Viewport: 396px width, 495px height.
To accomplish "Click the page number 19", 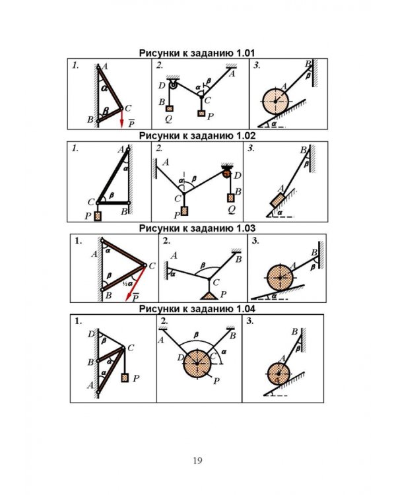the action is coord(197,461).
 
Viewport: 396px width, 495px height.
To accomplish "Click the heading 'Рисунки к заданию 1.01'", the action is coord(197,53).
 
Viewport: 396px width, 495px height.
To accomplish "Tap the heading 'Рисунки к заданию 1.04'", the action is coord(197,309).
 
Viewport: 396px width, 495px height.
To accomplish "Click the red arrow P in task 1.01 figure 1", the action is coord(121,118).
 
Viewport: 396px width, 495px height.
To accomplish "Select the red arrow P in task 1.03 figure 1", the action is coord(136,283).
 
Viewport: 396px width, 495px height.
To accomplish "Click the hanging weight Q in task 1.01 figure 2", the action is coord(170,109).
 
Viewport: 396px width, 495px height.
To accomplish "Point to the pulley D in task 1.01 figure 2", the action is coord(174,84).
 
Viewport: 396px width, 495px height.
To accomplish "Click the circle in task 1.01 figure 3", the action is coord(275,101).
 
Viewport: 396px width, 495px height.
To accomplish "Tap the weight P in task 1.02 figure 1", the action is coord(98,216).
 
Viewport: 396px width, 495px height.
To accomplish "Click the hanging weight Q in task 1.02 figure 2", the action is coord(231,198).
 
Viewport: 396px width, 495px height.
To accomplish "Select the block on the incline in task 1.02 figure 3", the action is coord(278,201).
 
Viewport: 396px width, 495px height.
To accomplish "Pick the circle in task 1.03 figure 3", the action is coord(280,278).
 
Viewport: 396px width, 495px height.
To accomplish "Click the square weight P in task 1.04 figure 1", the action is coord(125,378).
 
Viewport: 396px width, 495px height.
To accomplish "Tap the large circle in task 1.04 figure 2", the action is coord(197,364).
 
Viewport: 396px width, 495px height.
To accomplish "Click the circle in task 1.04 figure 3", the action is coord(279,374).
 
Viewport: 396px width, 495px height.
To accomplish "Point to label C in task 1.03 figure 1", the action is coord(152,266).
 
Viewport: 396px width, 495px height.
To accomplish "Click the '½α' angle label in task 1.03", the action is coord(127,284).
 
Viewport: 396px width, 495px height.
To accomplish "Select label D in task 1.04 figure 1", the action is coord(91,334).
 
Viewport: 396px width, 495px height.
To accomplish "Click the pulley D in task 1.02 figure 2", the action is coord(227,173).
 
